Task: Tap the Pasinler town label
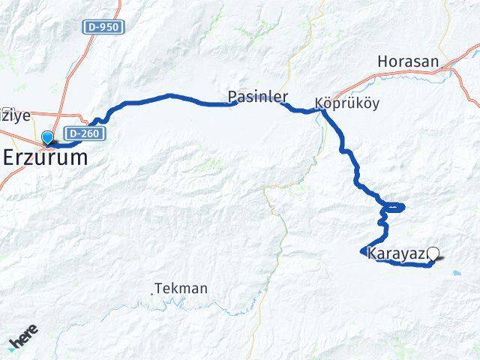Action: (258, 97)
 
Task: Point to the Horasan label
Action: (407, 61)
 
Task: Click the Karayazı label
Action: (396, 254)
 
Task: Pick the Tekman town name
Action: (181, 288)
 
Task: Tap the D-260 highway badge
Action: (82, 133)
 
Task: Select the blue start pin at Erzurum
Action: (49, 137)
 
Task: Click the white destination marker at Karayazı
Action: (433, 253)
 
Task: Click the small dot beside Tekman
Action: (152, 293)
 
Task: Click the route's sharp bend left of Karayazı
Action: (362, 251)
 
